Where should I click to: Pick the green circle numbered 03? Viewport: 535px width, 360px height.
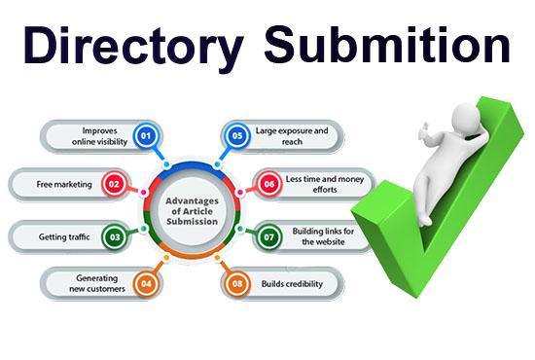[116, 234]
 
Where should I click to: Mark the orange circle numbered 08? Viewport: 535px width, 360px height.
[235, 283]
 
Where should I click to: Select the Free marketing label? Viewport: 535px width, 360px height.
[61, 183]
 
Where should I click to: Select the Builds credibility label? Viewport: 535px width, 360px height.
[290, 283]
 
